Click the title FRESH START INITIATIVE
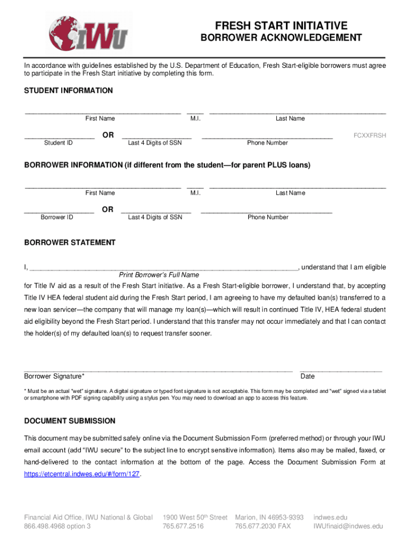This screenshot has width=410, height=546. point(281,26)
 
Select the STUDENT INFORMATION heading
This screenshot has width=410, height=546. point(69,91)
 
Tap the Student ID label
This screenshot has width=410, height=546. point(59,143)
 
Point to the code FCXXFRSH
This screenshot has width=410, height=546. point(370,135)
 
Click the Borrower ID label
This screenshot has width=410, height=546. point(57,218)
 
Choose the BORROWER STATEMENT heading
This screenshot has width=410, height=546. point(70,243)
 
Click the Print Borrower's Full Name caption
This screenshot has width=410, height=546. point(159,275)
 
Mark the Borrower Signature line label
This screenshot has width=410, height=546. point(54,376)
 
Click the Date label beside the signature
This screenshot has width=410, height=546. point(308,376)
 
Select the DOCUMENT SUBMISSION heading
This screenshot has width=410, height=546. point(70,421)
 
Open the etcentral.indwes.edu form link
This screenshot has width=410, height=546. point(83,473)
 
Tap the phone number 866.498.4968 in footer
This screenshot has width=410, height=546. point(58,526)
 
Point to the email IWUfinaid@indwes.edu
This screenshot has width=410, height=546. point(348,526)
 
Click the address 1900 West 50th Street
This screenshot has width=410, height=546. point(195,518)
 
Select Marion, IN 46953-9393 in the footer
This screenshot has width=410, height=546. point(269,518)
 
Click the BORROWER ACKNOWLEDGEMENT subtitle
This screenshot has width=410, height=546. point(281,38)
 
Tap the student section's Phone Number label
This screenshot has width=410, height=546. point(267,143)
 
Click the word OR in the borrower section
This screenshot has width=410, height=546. point(108,210)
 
